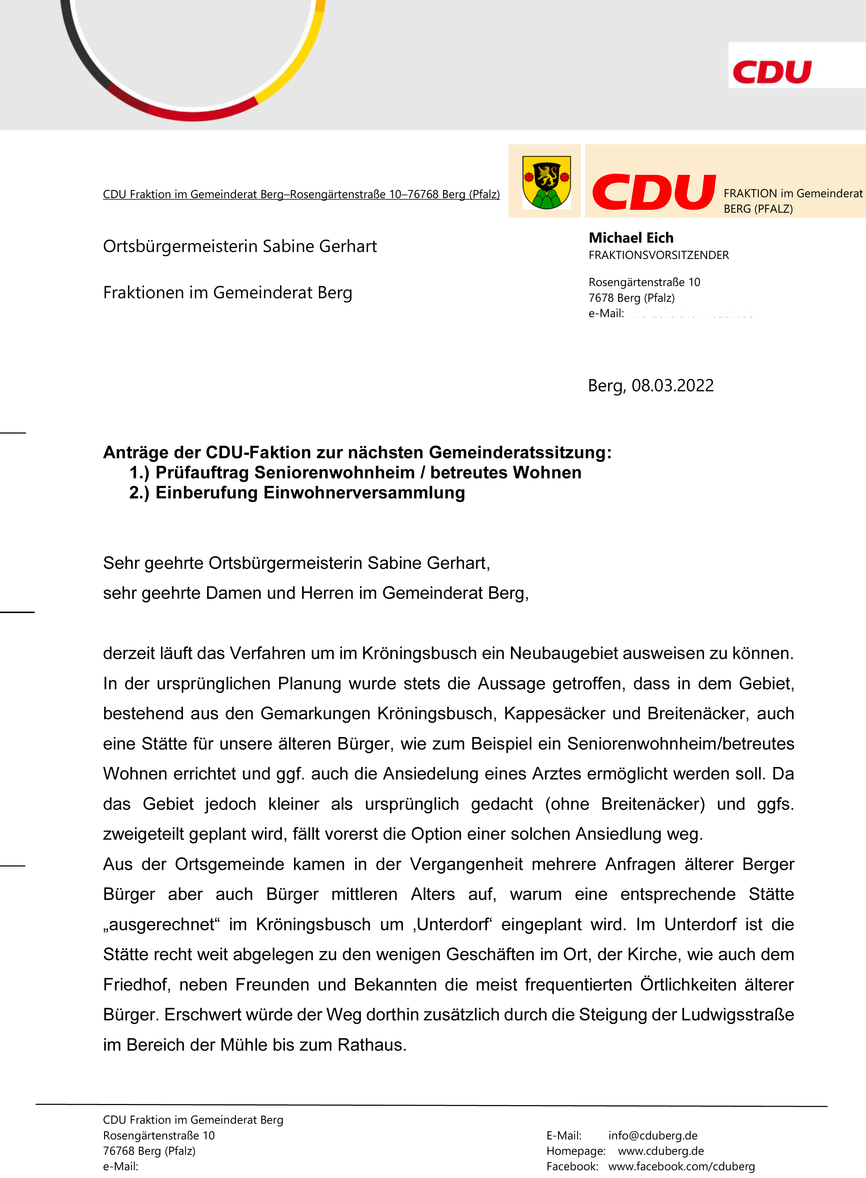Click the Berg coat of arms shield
(546, 182)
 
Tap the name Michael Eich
(631, 238)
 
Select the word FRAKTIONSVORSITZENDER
(659, 255)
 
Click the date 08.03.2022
(672, 386)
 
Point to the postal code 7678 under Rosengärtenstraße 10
(600, 298)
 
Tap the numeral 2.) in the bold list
(139, 493)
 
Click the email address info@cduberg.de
(653, 1135)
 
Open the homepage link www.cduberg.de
(661, 1151)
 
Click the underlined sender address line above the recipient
(301, 194)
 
